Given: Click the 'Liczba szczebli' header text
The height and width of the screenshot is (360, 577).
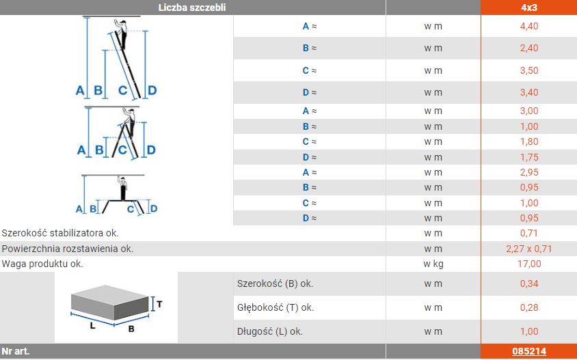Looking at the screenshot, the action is pyautogui.click(x=192, y=8).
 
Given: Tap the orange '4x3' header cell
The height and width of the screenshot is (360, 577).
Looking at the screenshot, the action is pyautogui.click(x=528, y=8).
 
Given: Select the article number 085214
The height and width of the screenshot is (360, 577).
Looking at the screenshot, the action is pyautogui.click(x=528, y=352).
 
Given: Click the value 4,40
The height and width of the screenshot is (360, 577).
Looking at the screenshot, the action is pyautogui.click(x=529, y=26).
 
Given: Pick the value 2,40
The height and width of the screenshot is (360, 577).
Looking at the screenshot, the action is pyautogui.click(x=529, y=49).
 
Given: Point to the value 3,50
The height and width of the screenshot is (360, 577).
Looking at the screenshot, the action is pyautogui.click(x=529, y=70).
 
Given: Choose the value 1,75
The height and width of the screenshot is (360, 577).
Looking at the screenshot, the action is pyautogui.click(x=529, y=157).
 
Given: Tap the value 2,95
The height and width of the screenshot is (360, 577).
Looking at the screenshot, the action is pyautogui.click(x=529, y=172).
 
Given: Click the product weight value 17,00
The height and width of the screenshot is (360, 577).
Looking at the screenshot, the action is pyautogui.click(x=529, y=264).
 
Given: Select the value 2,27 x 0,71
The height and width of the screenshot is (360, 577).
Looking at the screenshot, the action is pyautogui.click(x=529, y=249).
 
